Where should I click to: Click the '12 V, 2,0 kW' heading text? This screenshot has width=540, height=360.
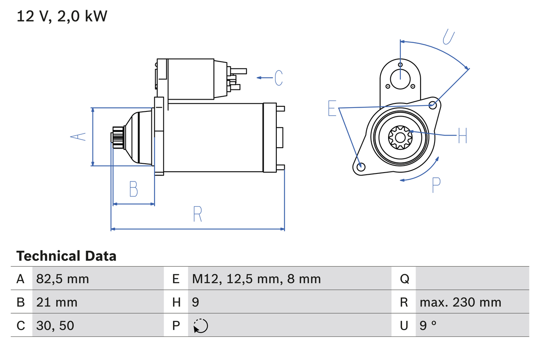[x=62, y=16]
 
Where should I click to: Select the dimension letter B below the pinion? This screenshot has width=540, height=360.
[x=133, y=189]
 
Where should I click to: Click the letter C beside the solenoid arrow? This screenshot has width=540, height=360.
[x=278, y=78]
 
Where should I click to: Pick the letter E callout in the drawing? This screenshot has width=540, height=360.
[x=332, y=108]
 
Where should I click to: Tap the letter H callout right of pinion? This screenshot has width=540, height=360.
[x=462, y=135]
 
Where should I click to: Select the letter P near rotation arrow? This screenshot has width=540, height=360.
[x=436, y=184]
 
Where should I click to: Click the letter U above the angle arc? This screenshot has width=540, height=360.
[x=448, y=37]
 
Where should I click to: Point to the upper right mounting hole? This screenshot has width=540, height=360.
[x=432, y=104]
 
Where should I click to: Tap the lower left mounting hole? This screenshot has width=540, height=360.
[x=361, y=167]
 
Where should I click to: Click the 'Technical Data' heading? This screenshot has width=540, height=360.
[x=66, y=256]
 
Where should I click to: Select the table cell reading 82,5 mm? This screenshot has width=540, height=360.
[x=62, y=279]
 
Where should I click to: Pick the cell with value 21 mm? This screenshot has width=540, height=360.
[x=57, y=302]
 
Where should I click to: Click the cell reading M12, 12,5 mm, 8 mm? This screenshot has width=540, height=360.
[x=256, y=279]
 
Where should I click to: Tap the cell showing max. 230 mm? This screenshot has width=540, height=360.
[x=460, y=302]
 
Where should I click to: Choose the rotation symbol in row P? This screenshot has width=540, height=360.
[x=200, y=326]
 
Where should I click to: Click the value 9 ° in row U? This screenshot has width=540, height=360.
[x=428, y=325]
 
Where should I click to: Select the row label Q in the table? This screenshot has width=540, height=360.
[x=404, y=279]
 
